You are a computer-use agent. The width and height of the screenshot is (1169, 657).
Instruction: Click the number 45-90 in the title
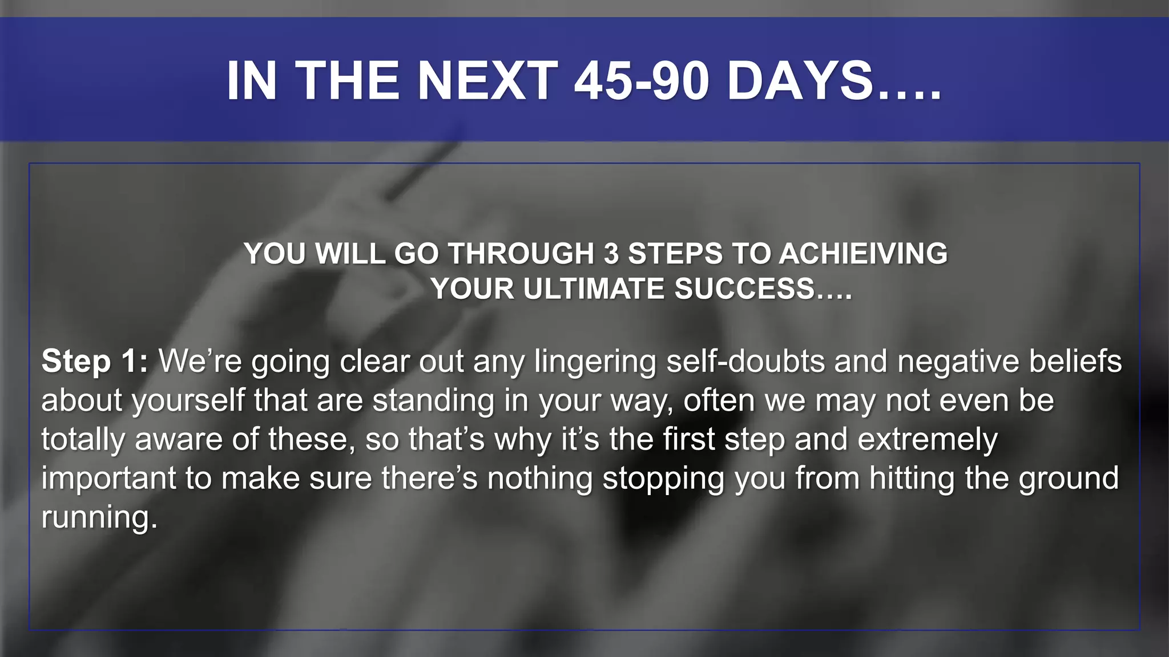click(642, 81)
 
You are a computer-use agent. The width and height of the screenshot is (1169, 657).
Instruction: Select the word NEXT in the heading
click(488, 81)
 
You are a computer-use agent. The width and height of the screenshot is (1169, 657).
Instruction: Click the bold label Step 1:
click(95, 362)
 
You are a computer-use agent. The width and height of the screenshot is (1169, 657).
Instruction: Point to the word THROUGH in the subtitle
click(521, 254)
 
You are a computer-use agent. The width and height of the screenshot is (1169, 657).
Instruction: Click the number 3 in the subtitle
click(611, 254)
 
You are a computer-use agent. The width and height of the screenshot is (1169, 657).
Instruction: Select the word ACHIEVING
click(863, 254)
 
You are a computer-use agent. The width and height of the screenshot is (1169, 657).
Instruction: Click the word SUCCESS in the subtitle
click(744, 289)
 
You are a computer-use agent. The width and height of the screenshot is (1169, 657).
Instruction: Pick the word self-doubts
click(745, 362)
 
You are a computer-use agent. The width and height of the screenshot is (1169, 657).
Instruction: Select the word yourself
click(188, 401)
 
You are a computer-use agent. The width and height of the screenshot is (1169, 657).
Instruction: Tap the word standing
click(433, 401)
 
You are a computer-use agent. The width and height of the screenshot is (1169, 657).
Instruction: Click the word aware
click(178, 440)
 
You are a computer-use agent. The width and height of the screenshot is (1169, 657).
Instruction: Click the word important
click(108, 478)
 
